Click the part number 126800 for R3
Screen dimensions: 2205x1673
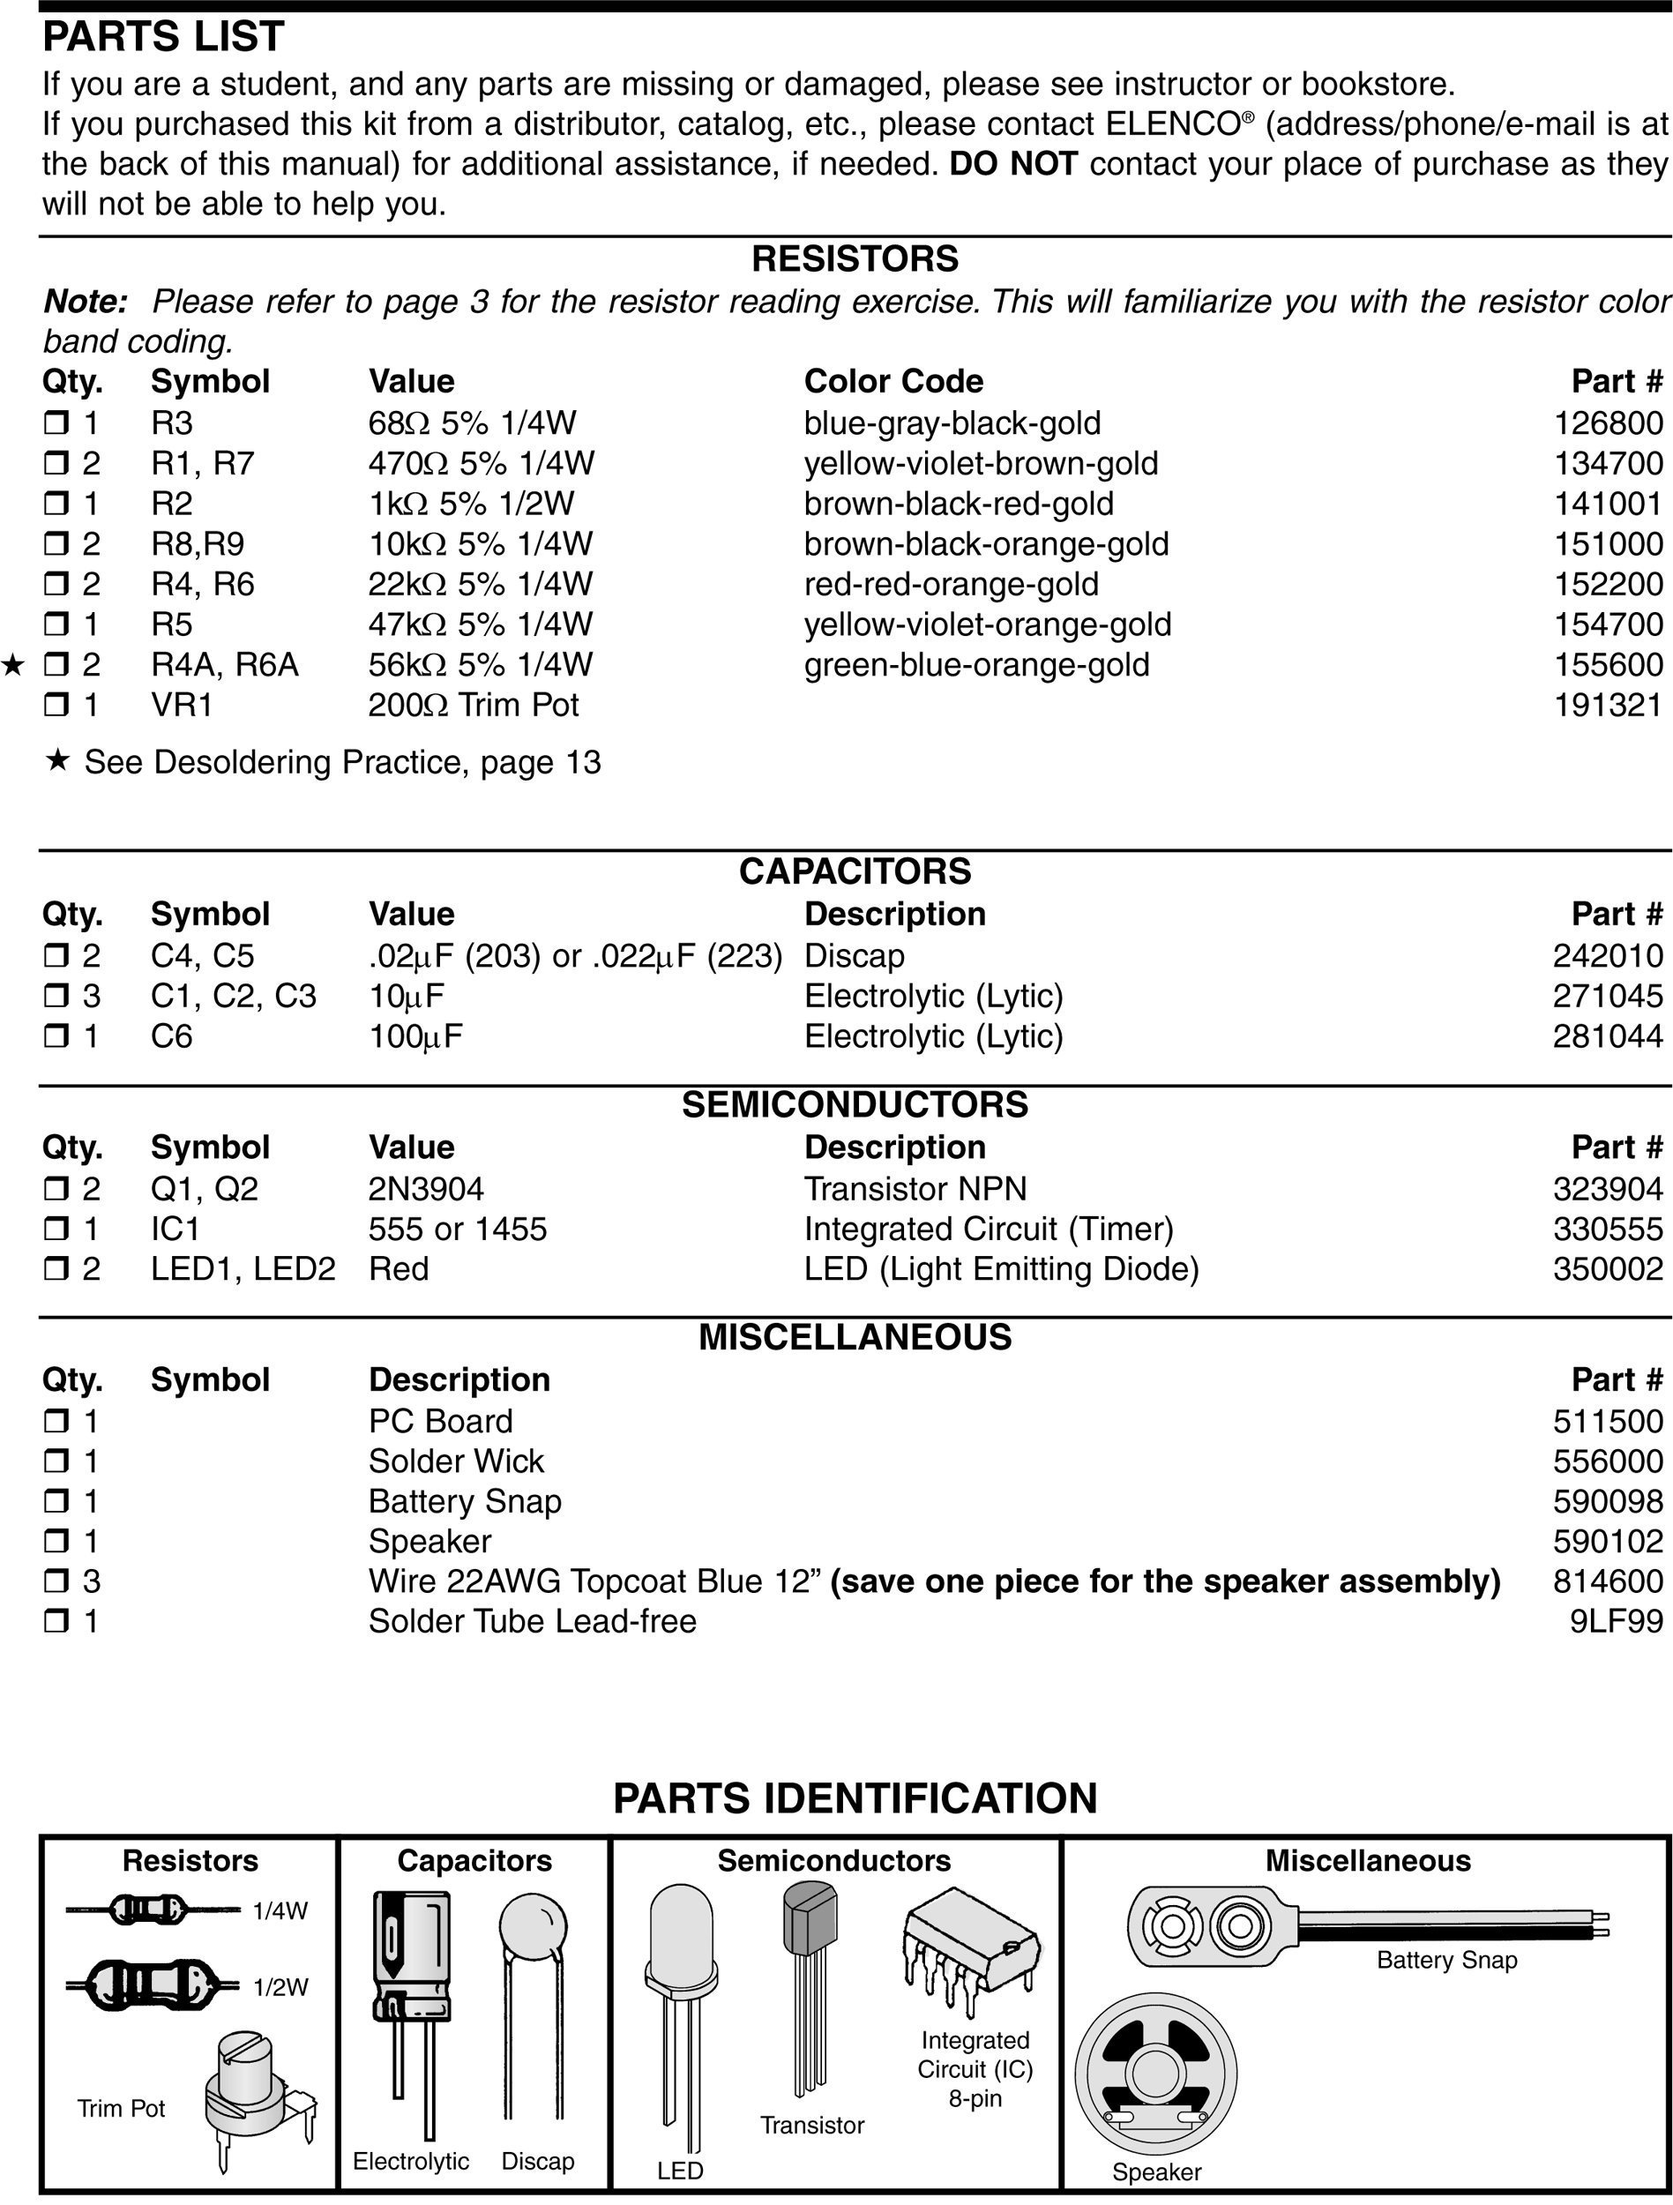coord(1607,423)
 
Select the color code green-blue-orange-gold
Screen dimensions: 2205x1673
coord(976,665)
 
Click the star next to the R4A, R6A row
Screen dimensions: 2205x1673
coord(13,665)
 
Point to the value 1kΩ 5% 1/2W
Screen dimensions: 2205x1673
coord(471,505)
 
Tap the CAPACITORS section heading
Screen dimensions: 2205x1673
coord(855,871)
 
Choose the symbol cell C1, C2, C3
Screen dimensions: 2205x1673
coord(234,996)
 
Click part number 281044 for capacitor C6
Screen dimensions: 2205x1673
coord(1607,1036)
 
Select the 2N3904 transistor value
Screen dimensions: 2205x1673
coord(426,1189)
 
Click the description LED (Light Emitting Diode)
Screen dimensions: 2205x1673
coord(1001,1269)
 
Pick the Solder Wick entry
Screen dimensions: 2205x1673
coord(456,1461)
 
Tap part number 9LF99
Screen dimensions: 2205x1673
coord(1615,1621)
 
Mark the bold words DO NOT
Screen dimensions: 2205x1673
coord(1013,163)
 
